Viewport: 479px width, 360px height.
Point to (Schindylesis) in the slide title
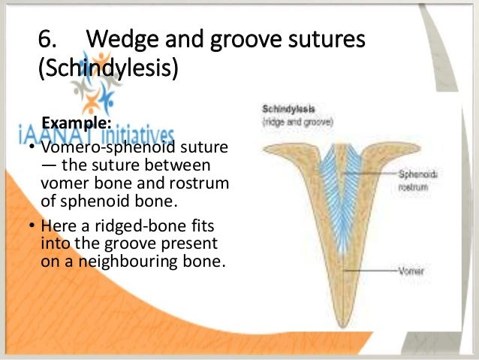coord(108,71)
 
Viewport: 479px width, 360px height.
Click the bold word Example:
coord(76,122)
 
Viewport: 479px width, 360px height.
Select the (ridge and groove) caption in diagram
coord(288,119)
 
